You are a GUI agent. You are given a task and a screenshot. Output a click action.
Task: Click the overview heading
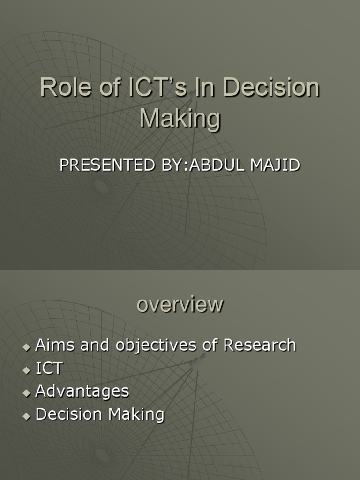click(x=180, y=305)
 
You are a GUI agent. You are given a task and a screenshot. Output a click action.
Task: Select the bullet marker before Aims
click(x=26, y=347)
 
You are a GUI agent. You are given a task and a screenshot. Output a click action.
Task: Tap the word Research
click(x=260, y=345)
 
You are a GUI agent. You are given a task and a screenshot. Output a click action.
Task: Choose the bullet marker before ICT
click(x=26, y=370)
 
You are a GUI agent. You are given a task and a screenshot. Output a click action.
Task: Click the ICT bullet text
click(x=49, y=368)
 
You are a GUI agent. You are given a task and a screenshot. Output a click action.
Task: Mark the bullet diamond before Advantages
click(x=26, y=393)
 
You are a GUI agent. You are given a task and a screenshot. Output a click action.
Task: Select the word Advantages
click(x=82, y=391)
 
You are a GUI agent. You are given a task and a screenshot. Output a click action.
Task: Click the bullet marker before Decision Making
click(x=26, y=416)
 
